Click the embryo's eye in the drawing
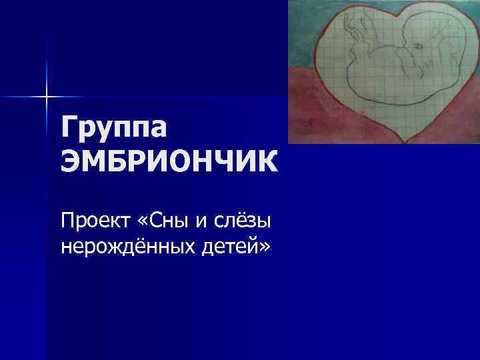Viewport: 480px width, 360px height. pyautogui.click(x=418, y=47)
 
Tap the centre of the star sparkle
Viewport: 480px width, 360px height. pyautogui.click(x=47, y=97)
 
